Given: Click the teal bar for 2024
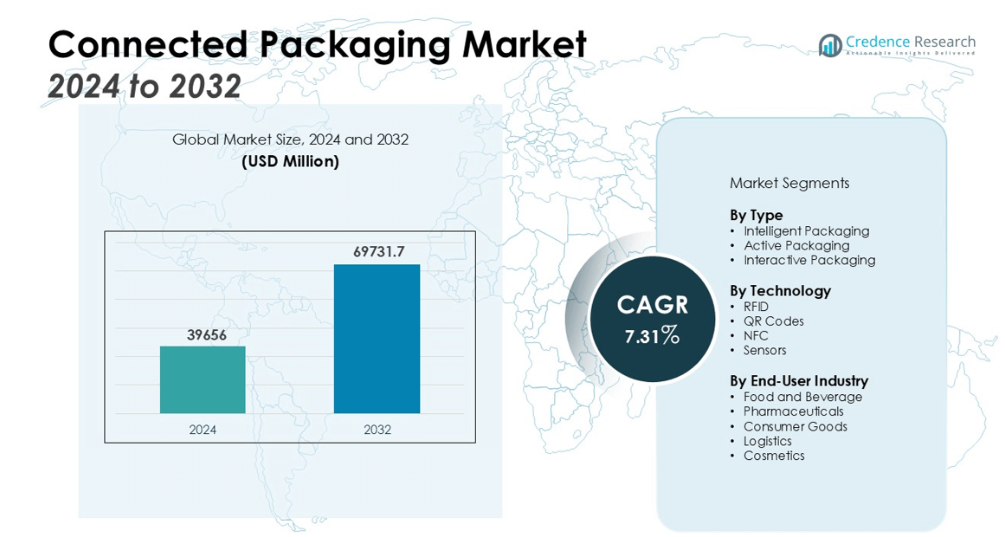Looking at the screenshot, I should (203, 379).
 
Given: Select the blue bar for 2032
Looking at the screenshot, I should (377, 339).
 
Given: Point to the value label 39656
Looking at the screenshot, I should (206, 334).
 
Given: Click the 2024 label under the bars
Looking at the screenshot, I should (203, 430).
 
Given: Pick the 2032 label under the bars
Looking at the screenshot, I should (377, 430).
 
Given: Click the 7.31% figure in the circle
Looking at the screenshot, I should (652, 336).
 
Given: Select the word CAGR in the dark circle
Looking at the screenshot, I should (652, 305).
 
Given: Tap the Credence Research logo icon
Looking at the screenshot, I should (830, 45).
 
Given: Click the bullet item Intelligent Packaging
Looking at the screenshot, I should (806, 231).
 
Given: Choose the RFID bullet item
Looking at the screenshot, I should (756, 307).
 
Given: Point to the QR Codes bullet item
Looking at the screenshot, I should (773, 321).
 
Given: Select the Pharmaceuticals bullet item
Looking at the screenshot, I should (793, 411).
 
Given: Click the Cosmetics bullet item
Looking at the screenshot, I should (774, 456).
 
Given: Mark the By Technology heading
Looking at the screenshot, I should (780, 291).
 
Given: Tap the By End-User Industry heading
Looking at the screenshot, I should (798, 381).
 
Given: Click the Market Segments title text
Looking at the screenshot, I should (789, 184).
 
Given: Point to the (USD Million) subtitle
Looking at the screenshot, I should (290, 161).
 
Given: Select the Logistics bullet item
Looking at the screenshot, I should (767, 441).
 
